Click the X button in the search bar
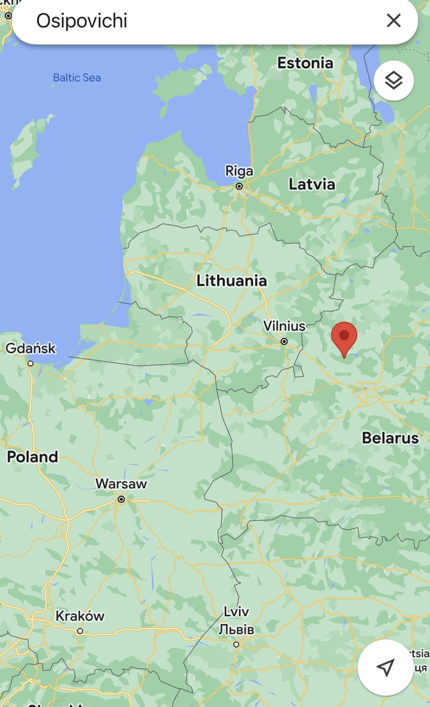394,21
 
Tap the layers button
393,80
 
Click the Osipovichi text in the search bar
82,21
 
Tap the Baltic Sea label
77,78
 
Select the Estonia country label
305,63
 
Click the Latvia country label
312,184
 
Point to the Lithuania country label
232,281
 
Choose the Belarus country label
390,438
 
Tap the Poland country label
32,457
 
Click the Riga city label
239,170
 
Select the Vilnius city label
284,326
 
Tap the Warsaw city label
121,484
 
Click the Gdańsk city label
31,348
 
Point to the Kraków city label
80,616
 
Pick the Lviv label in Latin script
237,612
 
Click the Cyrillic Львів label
237,629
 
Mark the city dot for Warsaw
122,500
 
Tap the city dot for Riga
240,186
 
